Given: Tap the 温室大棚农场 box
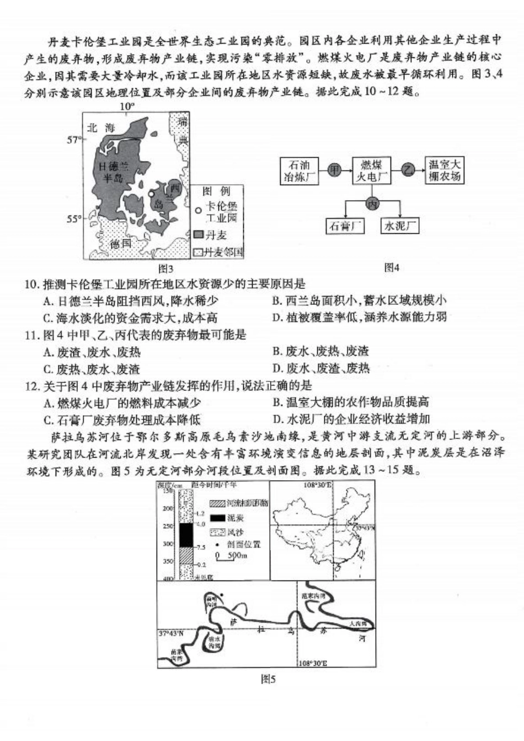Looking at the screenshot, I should (445, 170).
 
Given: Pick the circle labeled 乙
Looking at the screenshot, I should (408, 170).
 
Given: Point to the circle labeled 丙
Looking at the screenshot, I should (373, 203).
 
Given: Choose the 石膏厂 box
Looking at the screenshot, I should (346, 226).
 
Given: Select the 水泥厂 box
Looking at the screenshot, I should (399, 226).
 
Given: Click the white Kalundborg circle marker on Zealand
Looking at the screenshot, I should (151, 194).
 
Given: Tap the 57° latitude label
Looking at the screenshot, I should (74, 140).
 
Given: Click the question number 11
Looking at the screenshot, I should (31, 335).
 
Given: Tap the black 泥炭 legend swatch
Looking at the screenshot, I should (217, 518).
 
